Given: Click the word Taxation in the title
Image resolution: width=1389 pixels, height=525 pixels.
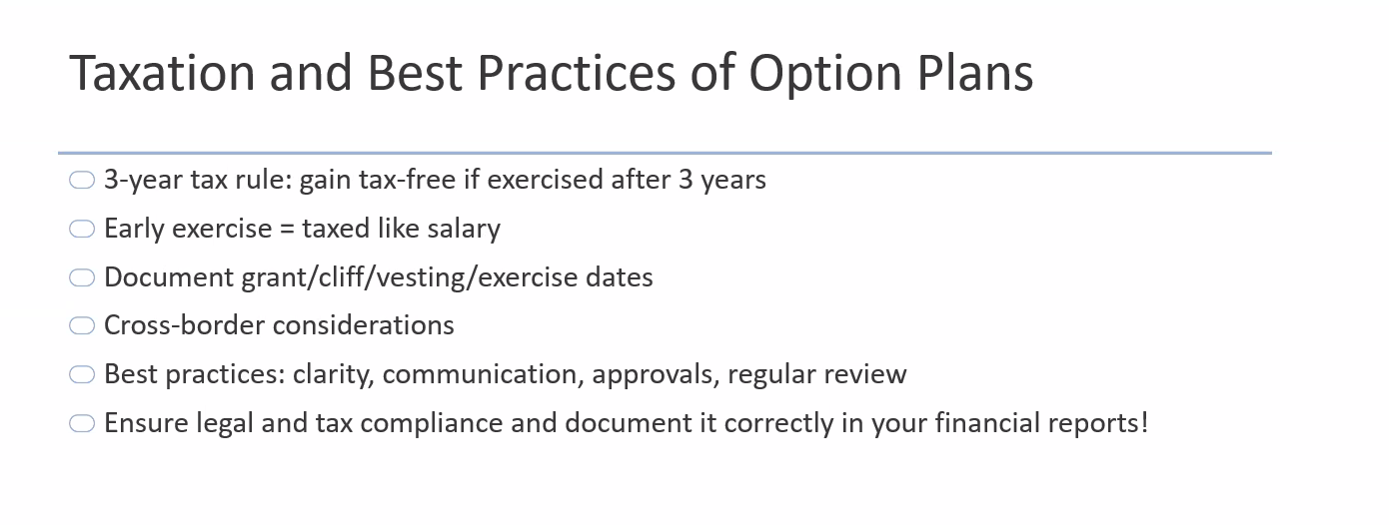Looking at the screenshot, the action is (x=162, y=73).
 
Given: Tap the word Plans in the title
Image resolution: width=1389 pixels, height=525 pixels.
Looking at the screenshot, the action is (x=975, y=73).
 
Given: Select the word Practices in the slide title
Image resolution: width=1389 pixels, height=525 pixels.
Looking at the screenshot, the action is (x=576, y=73).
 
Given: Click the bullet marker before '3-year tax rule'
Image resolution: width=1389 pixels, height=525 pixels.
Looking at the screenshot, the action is (x=82, y=181).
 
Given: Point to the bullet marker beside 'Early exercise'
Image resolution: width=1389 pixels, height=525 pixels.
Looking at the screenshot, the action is (x=82, y=230).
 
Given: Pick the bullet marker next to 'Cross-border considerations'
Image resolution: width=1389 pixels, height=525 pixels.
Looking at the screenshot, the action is (x=82, y=325).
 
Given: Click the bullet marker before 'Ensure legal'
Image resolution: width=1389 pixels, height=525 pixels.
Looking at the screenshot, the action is (x=82, y=424).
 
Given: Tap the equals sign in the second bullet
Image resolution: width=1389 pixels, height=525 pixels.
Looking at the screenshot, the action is (x=287, y=230).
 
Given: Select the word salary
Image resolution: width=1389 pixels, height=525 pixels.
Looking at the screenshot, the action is (x=464, y=230).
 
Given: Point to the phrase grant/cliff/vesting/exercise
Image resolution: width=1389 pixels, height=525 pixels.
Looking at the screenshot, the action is (x=410, y=277).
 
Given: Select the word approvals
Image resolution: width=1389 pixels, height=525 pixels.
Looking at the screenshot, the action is (x=657, y=375).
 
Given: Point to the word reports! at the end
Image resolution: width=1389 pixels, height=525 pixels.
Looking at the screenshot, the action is (x=1098, y=424).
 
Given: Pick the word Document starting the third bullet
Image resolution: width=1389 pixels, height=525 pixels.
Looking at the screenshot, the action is (x=169, y=277).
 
